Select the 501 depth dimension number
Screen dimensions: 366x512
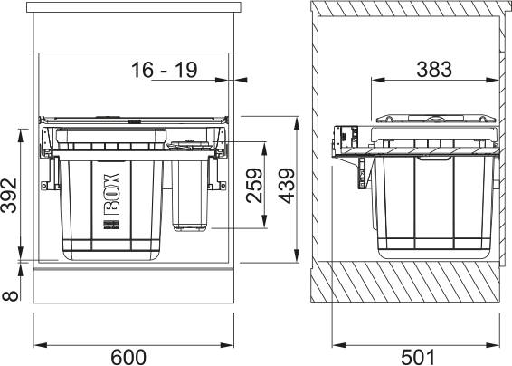tap(417, 356)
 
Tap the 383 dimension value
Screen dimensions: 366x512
tap(437, 67)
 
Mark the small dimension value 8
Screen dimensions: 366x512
tap(9, 294)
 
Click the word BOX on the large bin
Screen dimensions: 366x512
tap(111, 194)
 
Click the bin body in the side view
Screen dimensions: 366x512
tap(434, 208)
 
